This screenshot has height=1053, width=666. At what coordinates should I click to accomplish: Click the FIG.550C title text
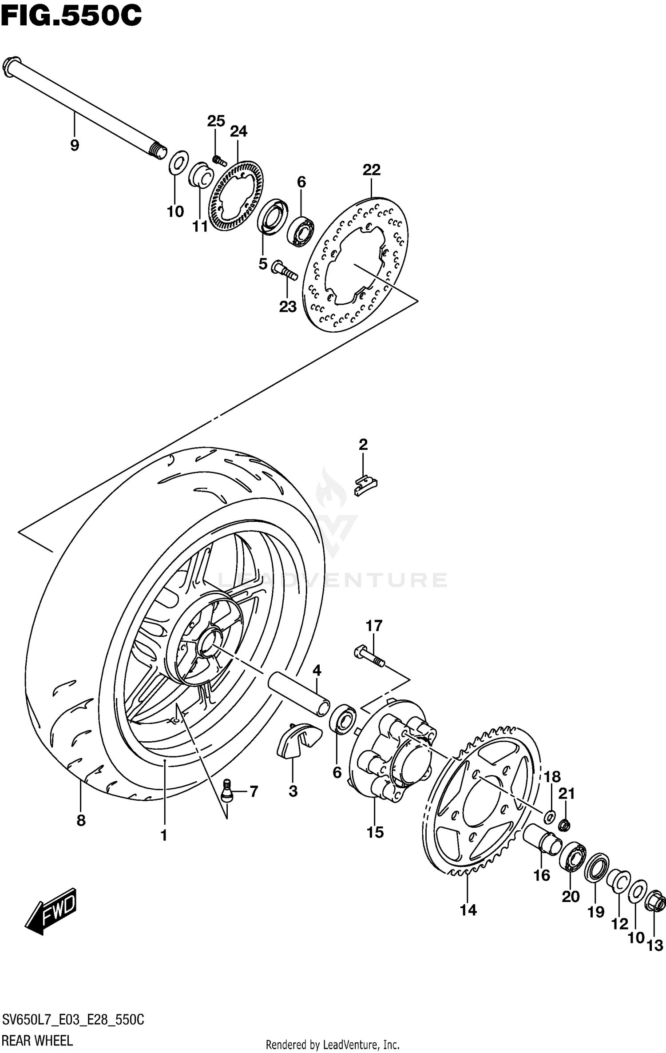(x=71, y=16)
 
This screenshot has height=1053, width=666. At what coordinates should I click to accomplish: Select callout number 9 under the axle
(x=75, y=145)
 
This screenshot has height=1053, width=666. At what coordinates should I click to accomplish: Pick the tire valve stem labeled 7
(x=227, y=791)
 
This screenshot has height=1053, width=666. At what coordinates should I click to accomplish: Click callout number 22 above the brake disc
(x=372, y=170)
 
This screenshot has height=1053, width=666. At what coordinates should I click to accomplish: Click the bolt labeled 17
(x=369, y=657)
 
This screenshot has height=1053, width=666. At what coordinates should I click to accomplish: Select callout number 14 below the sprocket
(x=468, y=910)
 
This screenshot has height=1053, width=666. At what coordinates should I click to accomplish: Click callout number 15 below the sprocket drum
(x=375, y=832)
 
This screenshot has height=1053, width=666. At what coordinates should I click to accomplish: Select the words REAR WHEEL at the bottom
(x=37, y=1040)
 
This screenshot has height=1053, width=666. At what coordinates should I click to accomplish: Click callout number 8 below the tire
(x=81, y=820)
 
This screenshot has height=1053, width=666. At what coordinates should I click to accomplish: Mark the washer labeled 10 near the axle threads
(x=178, y=163)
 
